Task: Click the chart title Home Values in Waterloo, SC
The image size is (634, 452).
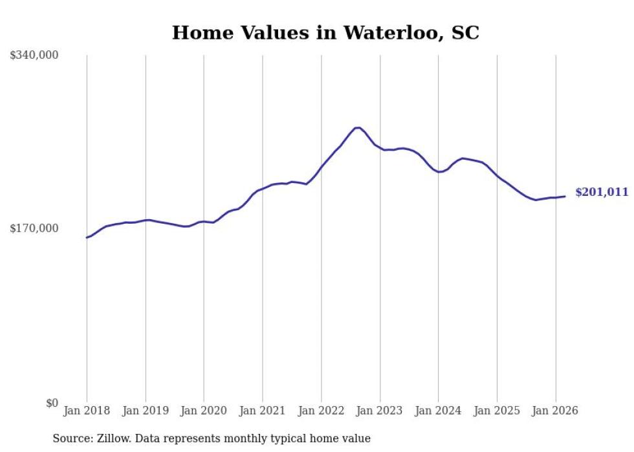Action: point(325,33)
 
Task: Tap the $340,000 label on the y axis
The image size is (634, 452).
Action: point(34,56)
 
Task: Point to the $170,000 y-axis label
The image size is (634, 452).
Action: point(34,228)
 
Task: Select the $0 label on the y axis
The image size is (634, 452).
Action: point(52,403)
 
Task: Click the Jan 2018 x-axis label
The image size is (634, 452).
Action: point(87,411)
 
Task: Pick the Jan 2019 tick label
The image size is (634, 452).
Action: point(146,411)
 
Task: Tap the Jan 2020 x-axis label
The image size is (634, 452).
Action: point(204,411)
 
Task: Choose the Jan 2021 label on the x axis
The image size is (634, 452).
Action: point(263,411)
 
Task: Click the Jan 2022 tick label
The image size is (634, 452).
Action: point(321,411)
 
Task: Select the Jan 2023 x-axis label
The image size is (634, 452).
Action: point(380,411)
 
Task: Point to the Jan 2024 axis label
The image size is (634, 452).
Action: point(438,411)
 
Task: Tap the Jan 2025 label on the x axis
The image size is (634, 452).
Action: point(497,411)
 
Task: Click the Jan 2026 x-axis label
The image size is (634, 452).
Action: point(555,411)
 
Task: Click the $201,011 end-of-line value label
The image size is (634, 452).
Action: point(602,192)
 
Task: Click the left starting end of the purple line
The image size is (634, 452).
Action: point(87,237)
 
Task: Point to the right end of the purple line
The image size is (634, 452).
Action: point(565,196)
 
